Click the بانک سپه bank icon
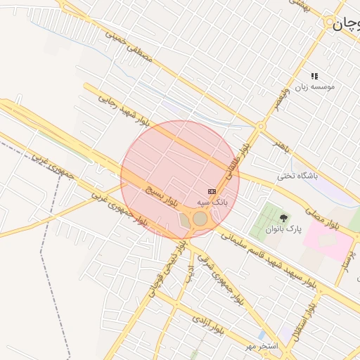(212, 191)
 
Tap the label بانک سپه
(212, 202)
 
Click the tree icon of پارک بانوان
(284, 218)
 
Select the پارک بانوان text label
(283, 229)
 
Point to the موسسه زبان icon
(315, 76)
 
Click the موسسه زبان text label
(315, 86)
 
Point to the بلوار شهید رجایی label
(124, 112)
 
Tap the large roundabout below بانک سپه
(200, 219)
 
